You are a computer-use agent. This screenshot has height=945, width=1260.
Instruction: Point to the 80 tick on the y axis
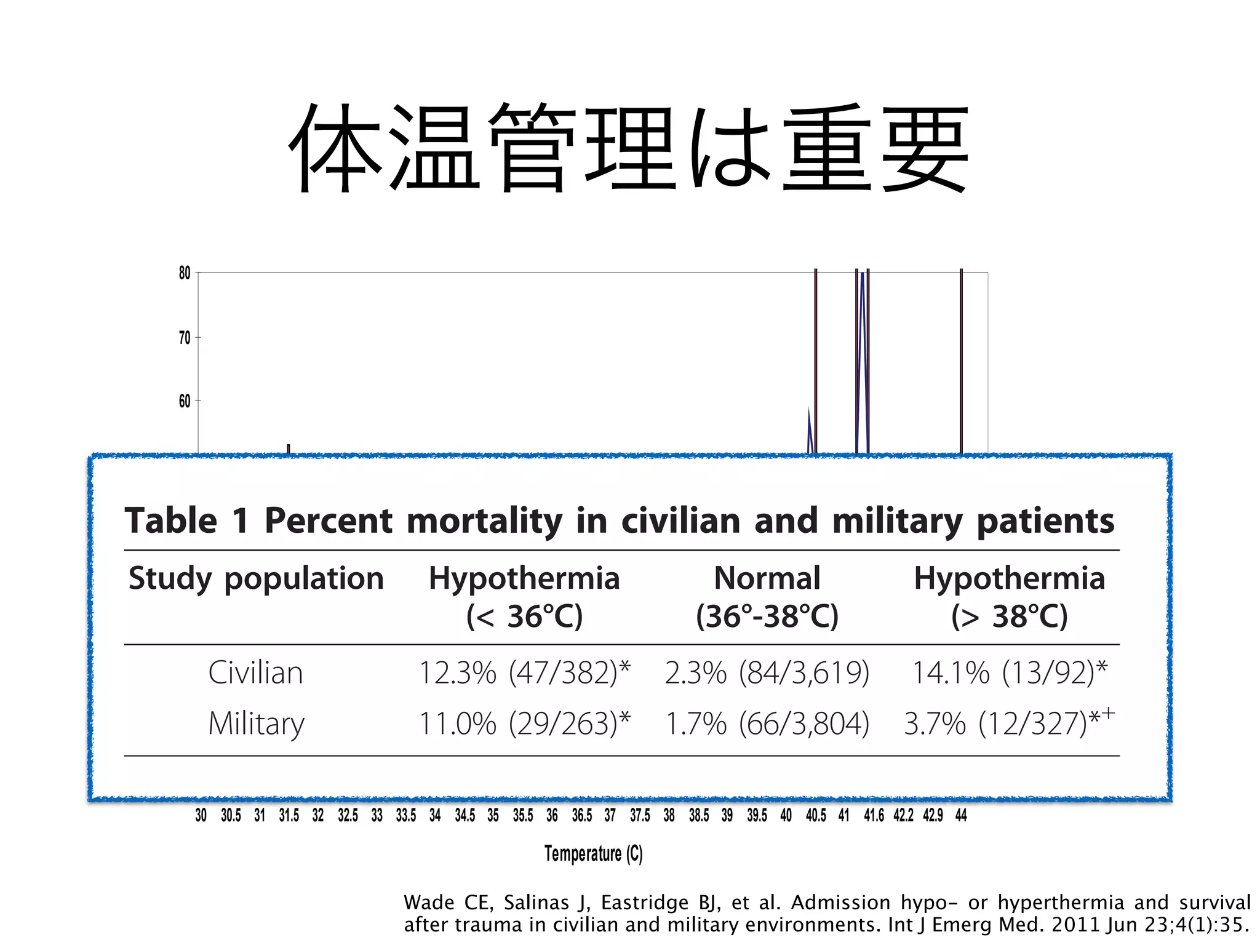click(x=185, y=273)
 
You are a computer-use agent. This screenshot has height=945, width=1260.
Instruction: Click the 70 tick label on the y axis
click(x=185, y=337)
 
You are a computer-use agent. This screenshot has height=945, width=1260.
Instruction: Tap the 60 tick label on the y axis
click(x=185, y=401)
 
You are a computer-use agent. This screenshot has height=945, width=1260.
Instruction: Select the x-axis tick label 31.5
click(x=289, y=815)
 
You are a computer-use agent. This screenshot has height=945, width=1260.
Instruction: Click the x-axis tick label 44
click(x=961, y=815)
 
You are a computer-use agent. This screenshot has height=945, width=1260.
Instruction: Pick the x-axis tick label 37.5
click(x=640, y=815)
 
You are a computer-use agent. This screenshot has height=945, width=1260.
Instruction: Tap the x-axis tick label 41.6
click(x=874, y=815)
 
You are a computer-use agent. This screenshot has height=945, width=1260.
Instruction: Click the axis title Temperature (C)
click(x=593, y=853)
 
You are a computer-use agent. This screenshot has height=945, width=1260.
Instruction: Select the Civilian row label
click(x=255, y=672)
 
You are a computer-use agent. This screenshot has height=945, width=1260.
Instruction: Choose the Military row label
click(x=256, y=724)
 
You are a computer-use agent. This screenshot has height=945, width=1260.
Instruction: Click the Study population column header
click(x=256, y=578)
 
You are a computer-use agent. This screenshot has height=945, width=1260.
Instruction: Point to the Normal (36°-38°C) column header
click(x=767, y=597)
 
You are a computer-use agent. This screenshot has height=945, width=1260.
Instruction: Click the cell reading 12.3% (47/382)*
click(x=524, y=672)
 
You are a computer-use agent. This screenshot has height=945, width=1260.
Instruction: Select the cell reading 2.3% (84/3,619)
click(x=767, y=672)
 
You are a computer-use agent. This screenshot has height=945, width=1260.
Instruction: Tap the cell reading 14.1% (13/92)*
click(x=1009, y=672)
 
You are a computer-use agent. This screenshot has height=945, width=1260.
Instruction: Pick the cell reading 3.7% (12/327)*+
click(x=1009, y=723)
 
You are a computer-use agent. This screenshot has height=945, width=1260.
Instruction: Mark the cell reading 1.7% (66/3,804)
click(x=767, y=723)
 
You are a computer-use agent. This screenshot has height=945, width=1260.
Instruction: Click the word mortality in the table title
click(x=484, y=521)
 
